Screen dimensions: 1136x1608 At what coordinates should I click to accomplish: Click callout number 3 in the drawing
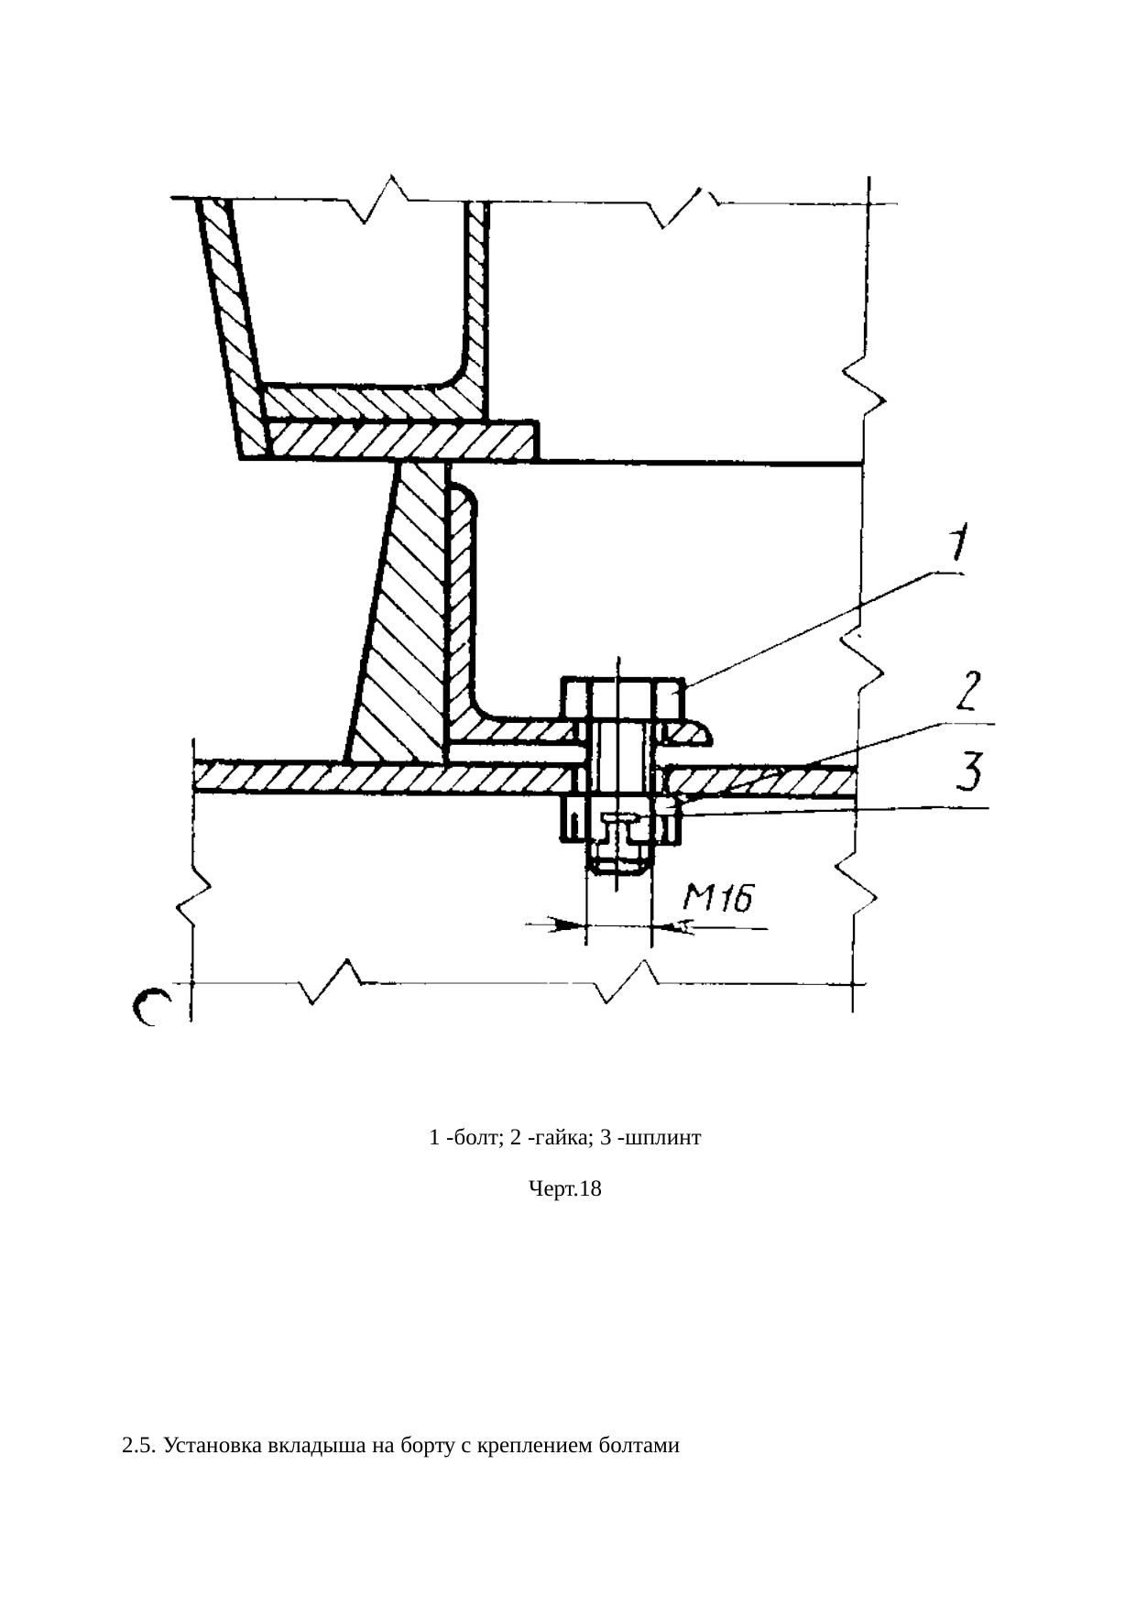click(x=971, y=771)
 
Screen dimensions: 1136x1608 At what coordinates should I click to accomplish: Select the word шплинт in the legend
click(x=667, y=1138)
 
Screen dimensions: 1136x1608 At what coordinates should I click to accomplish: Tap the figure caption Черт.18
click(x=565, y=1189)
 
